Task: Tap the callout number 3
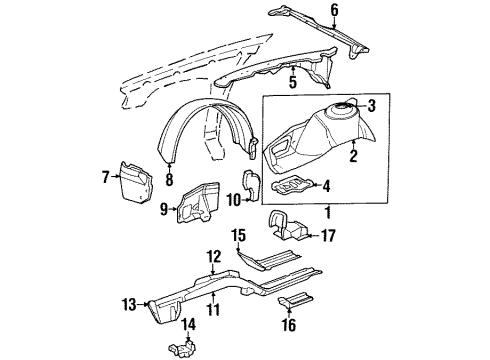(x=370, y=105)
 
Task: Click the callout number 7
(x=106, y=177)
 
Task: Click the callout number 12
(x=213, y=257)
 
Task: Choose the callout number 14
(x=187, y=323)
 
